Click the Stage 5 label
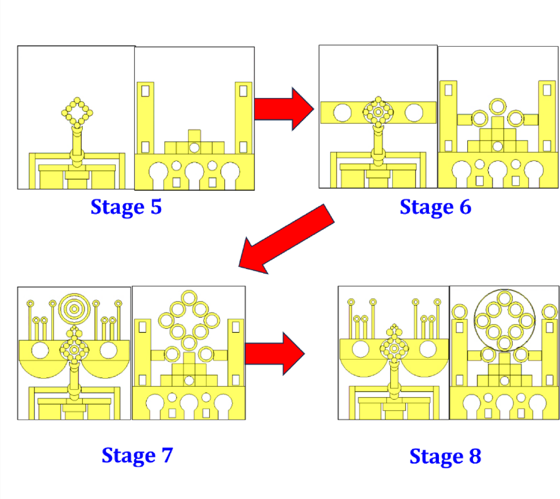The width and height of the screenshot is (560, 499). (x=126, y=207)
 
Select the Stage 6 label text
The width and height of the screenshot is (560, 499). (x=435, y=207)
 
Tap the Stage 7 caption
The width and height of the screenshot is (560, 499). (x=137, y=455)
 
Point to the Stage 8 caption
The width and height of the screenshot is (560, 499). (x=445, y=456)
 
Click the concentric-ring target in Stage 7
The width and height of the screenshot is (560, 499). (x=74, y=309)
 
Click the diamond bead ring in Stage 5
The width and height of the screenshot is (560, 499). (x=77, y=113)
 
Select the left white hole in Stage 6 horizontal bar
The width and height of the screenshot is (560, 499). (x=342, y=113)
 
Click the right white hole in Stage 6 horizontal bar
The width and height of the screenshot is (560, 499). (x=414, y=113)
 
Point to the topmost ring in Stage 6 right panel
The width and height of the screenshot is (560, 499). (x=498, y=106)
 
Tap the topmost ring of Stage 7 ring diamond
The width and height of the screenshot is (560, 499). (x=189, y=298)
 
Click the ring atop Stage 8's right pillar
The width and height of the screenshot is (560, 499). (x=550, y=311)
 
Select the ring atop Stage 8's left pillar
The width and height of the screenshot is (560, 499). (x=460, y=311)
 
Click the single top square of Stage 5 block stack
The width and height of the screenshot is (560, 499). (x=194, y=136)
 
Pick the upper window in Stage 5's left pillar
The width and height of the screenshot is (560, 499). (x=145, y=91)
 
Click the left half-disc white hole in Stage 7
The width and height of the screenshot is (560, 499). (x=40, y=350)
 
